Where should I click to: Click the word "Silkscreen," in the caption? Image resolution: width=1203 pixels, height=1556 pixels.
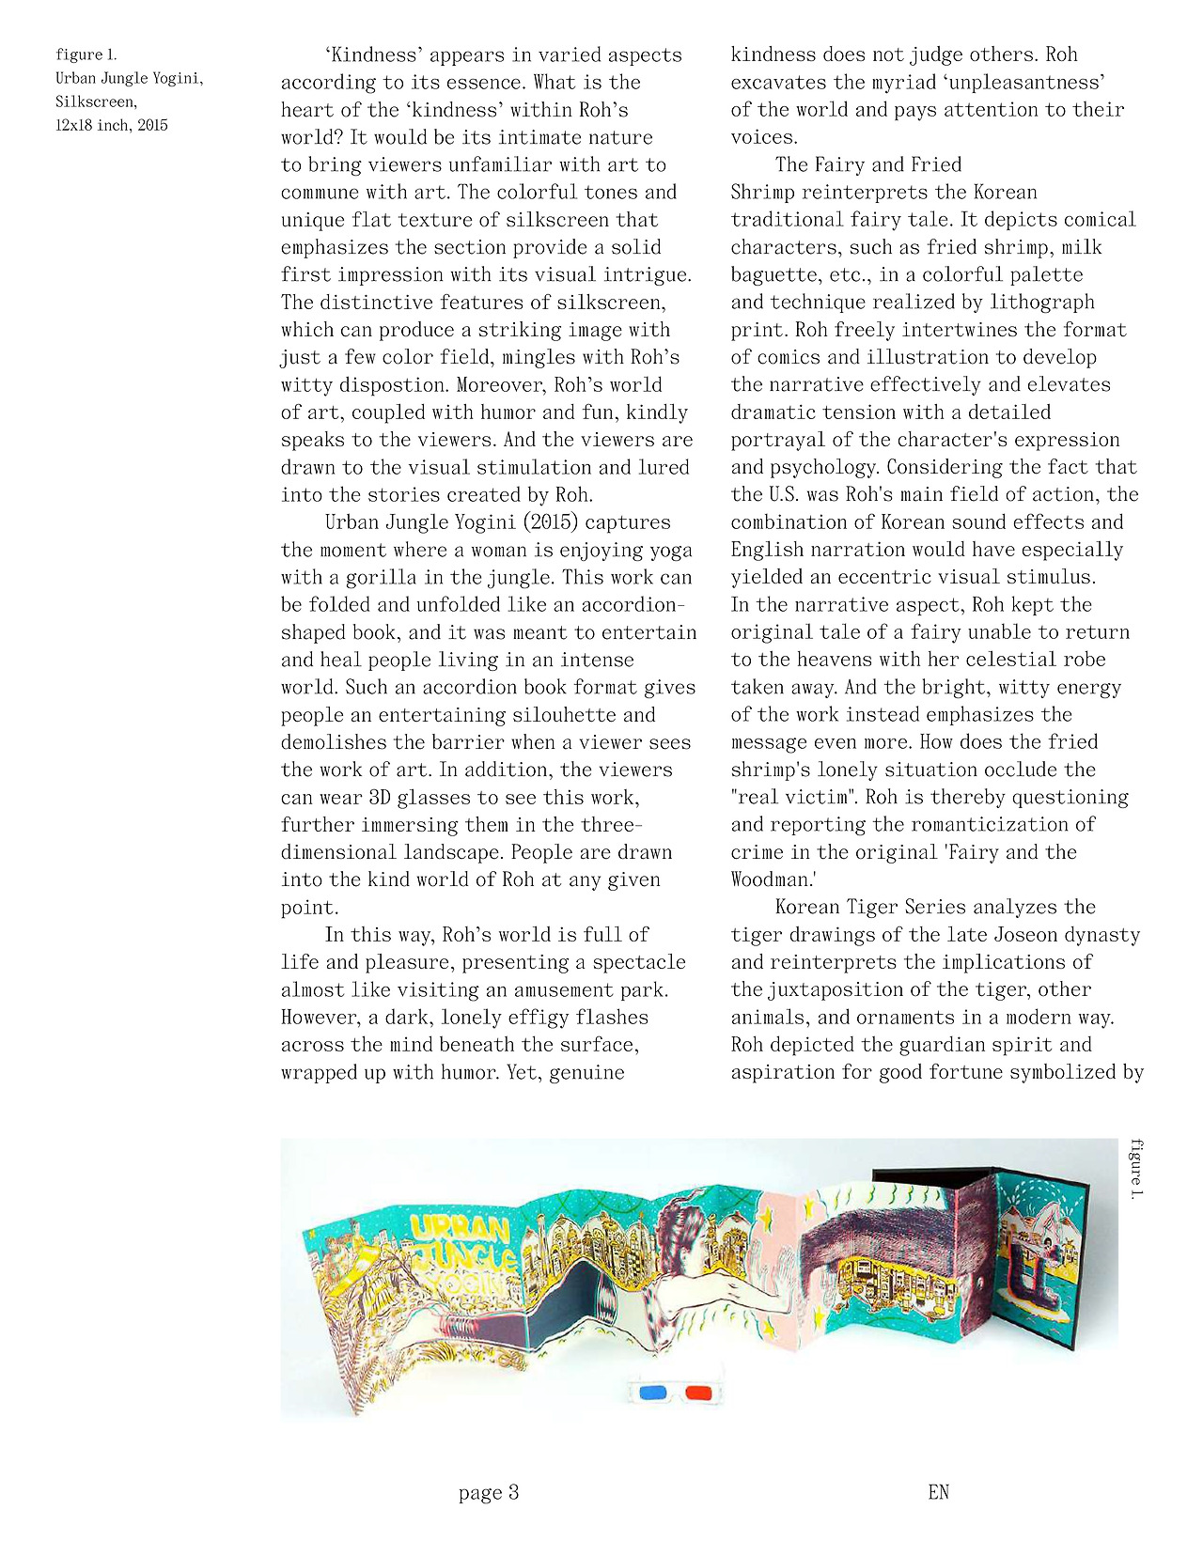coord(96,101)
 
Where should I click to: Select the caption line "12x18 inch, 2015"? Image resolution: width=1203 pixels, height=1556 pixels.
coord(111,125)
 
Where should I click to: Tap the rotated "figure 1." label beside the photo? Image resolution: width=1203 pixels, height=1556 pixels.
coord(1137,1169)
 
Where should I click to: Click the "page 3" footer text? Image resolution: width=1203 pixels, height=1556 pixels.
coord(489,1492)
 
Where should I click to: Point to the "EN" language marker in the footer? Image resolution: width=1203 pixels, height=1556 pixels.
coord(938,1492)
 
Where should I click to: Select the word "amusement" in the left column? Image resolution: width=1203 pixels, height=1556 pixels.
coord(563,989)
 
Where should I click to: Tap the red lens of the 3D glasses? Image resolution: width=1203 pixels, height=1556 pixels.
coord(697,1392)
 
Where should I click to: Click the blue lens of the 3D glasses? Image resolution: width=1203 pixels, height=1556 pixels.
coord(653,1392)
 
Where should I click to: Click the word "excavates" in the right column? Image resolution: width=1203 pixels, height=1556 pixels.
coord(779,82)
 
